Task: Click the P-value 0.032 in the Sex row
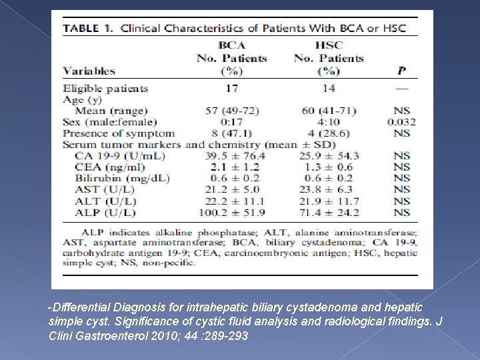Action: coord(401,122)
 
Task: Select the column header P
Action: coord(401,71)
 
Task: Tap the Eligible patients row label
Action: coord(105,88)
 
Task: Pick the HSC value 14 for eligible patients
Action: coord(328,88)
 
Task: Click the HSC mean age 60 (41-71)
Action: coord(328,111)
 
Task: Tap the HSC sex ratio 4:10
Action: coord(328,122)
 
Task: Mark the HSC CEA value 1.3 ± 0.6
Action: coord(328,167)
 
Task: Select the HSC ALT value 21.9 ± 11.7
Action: coord(328,201)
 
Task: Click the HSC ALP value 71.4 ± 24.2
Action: coord(328,212)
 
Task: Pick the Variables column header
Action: coord(89,71)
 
